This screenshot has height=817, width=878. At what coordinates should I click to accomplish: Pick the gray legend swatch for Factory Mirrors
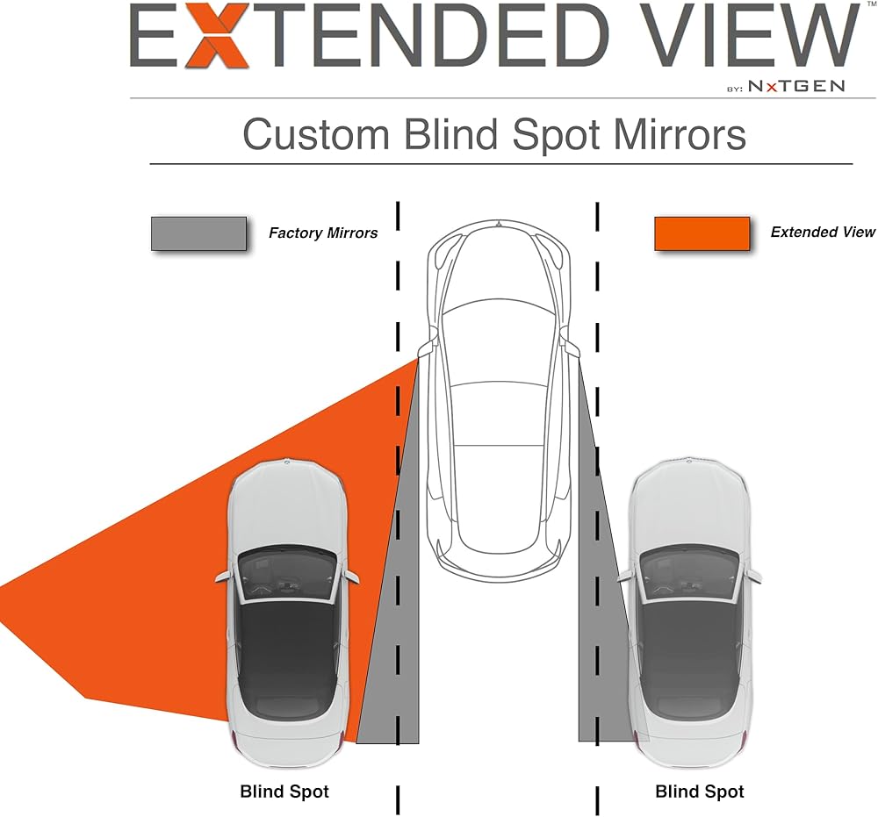pos(198,233)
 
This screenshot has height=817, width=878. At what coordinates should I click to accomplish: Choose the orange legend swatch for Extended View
pos(702,233)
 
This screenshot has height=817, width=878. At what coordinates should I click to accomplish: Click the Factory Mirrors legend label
pos(323,233)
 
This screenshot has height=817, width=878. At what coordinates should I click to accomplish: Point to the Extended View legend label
pos(823,232)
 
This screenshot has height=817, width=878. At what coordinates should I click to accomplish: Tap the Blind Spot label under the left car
pos(284,792)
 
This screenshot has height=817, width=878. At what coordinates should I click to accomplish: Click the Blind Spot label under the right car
pos(700,792)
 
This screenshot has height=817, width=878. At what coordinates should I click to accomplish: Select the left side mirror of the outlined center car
pos(426,349)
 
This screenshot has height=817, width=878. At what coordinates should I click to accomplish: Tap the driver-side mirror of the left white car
pos(222,577)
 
